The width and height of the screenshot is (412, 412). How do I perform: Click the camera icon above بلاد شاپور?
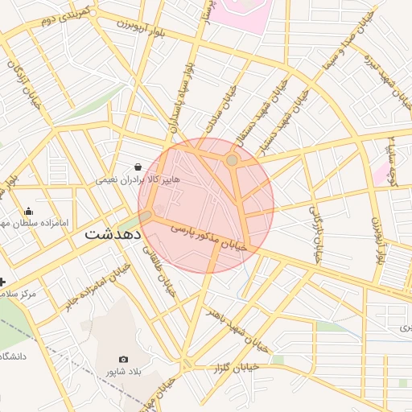(x=123, y=359)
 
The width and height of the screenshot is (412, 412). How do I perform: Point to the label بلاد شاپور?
(x=123, y=372)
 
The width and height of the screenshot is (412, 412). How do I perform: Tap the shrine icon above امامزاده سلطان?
(x=29, y=212)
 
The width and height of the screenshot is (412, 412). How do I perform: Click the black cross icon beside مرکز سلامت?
(x=3, y=282)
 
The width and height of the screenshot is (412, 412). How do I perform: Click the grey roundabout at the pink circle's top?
(x=232, y=161)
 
